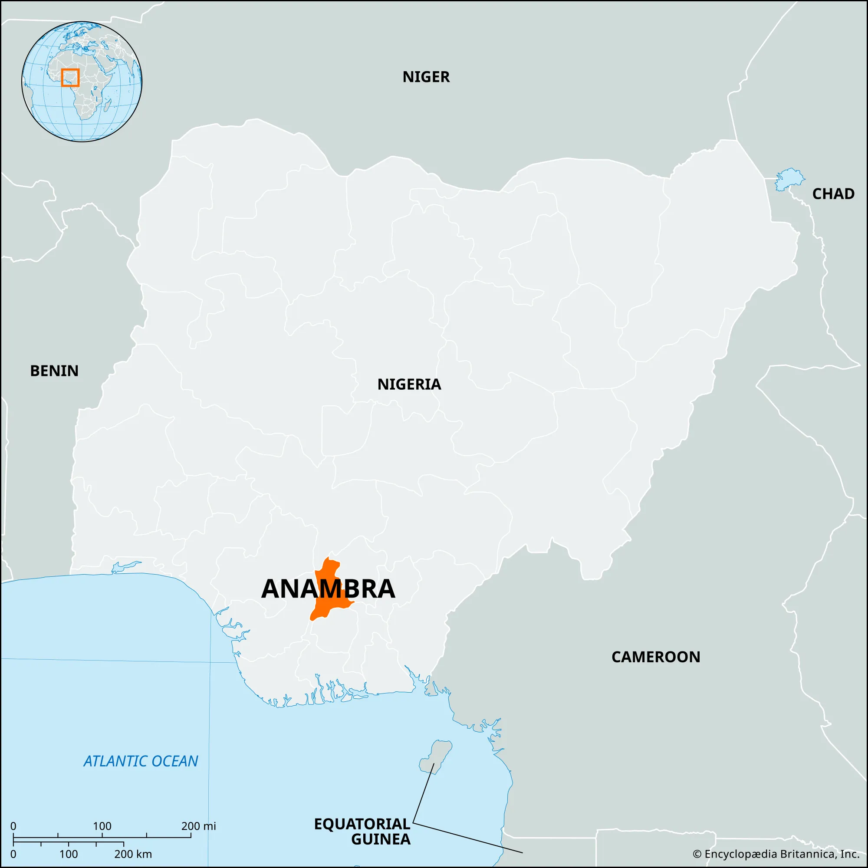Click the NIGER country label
coord(425,77)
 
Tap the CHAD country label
coord(833,194)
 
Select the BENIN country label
coord(54,371)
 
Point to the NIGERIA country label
coord(409,384)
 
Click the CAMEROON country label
coord(655,657)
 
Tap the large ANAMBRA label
coord(328,589)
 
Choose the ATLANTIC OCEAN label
coord(141,761)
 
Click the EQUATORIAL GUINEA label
coord(362,831)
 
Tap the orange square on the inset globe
coord(70,77)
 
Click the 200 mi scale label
coord(199,826)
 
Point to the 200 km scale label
coord(133,854)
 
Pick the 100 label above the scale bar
coord(102,826)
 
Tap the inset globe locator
coord(82,82)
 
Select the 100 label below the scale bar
coord(68,854)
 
